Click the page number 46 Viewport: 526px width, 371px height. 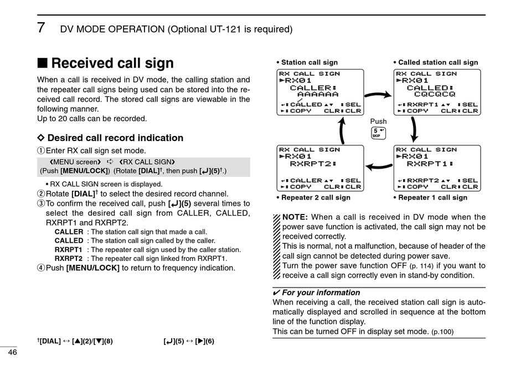12,352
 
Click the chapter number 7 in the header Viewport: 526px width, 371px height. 41,28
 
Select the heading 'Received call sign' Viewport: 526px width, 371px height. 112,64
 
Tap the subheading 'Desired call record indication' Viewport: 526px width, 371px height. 115,138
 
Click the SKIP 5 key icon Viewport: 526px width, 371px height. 379,133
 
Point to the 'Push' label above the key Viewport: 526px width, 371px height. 379,122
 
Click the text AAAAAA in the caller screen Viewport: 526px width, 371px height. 318,95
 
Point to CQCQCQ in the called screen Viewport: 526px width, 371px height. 435,95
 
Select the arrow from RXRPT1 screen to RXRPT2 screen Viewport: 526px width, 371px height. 379,164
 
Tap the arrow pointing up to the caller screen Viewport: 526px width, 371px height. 342,130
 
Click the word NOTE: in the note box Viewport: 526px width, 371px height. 295,217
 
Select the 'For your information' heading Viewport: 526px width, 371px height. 321,292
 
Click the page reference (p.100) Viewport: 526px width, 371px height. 442,332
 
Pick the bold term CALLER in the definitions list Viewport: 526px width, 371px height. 69,232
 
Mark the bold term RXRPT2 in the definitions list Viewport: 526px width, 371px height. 69,258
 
